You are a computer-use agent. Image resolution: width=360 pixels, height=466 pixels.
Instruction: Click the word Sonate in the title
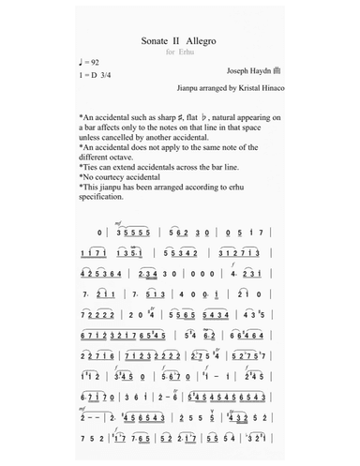click(x=153, y=43)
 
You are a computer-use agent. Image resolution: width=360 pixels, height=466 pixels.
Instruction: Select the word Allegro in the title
click(x=202, y=43)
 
